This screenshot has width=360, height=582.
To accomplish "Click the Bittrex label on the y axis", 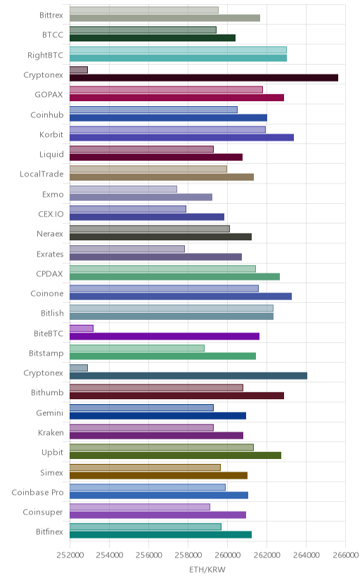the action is coord(51,15).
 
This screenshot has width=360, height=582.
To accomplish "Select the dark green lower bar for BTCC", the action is coord(153,38).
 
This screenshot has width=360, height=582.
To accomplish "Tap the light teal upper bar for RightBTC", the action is coord(178,50).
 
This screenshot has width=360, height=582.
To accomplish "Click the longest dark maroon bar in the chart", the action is coord(204,77).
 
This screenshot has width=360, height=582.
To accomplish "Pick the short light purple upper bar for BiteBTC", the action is coord(82,328).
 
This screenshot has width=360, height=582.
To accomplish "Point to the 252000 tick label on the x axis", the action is coord(70,555).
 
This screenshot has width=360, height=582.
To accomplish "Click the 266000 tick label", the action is coord(345,555).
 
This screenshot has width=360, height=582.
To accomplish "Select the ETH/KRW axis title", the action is coord(207,570).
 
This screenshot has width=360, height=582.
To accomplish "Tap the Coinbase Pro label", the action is coord(37,493).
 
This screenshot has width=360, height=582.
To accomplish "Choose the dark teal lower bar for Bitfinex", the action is coord(161,534).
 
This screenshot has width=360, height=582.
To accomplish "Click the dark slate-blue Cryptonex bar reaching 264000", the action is coord(188,376).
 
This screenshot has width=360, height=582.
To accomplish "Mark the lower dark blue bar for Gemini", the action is coord(157,415).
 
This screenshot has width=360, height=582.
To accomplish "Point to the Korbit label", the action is coord(51,134).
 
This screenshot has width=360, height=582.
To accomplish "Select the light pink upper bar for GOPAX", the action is coord(166,89).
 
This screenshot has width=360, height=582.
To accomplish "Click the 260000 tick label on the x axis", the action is coord(227,555).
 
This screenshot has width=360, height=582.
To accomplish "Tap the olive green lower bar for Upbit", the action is coord(175,455).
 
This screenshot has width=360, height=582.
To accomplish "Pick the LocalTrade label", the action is coord(41,174).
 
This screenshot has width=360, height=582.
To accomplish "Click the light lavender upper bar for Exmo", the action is coord(123,189).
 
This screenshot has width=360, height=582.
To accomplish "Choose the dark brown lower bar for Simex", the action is coord(158,475).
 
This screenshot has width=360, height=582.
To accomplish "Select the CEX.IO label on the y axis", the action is coord(51,214).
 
